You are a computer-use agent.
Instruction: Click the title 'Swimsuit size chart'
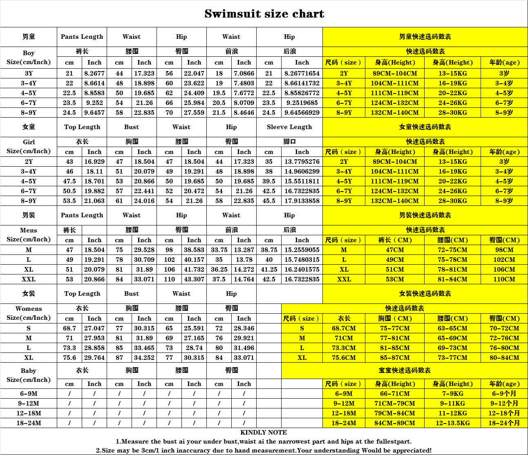tap(264, 14)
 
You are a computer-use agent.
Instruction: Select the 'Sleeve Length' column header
tap(289, 127)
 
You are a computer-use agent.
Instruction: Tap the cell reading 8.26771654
tap(302, 74)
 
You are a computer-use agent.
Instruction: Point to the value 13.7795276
tap(302, 162)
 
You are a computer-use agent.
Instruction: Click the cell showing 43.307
tap(194, 279)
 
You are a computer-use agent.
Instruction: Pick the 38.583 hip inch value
tap(194, 250)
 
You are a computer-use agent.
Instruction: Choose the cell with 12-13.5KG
tap(452, 423)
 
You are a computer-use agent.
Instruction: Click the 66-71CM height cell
tap(395, 394)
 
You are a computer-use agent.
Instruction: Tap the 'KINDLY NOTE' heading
tap(264, 433)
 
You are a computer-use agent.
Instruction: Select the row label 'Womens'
tap(29, 309)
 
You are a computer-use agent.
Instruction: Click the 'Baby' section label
tap(29, 371)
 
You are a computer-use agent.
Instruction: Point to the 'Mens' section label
tap(29, 230)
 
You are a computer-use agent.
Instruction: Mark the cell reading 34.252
tap(144, 358)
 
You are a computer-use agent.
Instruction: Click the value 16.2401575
tap(302, 270)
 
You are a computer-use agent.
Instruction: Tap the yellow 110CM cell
tap(504, 279)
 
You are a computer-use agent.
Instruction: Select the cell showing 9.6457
tap(94, 113)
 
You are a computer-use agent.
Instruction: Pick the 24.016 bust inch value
tap(144, 201)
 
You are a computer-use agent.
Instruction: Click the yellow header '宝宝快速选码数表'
tap(405, 370)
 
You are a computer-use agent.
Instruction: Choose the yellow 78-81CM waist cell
tap(452, 270)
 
